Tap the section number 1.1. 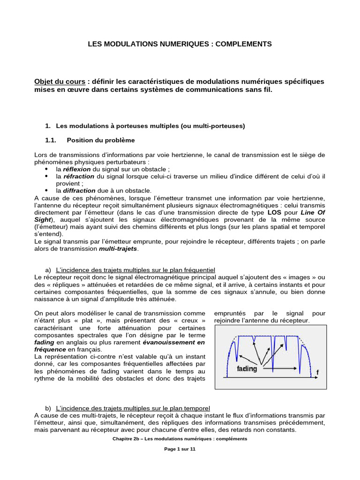pos(51,140)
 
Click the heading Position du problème pos(101,140)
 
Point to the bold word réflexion pos(77,169)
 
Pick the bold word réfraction pos(79,176)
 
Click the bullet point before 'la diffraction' pos(47,191)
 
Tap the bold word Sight pos(42,219)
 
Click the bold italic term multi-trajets pos(119,248)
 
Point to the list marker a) pos(48,270)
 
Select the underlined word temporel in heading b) pos(197,408)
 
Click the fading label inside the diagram pos(247,369)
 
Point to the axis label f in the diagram pos(317,373)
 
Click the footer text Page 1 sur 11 pos(180,449)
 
